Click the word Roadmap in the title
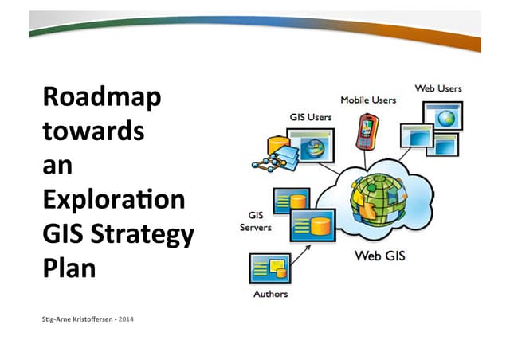point(101,98)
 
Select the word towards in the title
point(93,131)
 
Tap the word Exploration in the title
point(112,198)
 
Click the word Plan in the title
point(69,266)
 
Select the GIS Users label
point(310,117)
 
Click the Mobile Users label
point(368,100)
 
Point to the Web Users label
point(437,88)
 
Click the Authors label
point(270,294)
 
